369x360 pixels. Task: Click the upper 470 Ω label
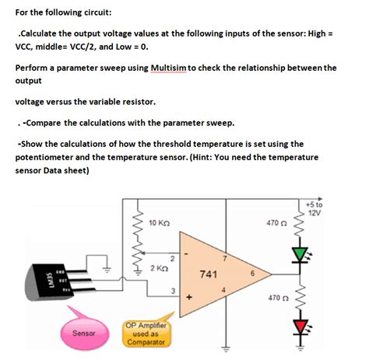[x=276, y=223]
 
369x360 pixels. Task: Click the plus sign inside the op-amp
[x=187, y=297]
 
